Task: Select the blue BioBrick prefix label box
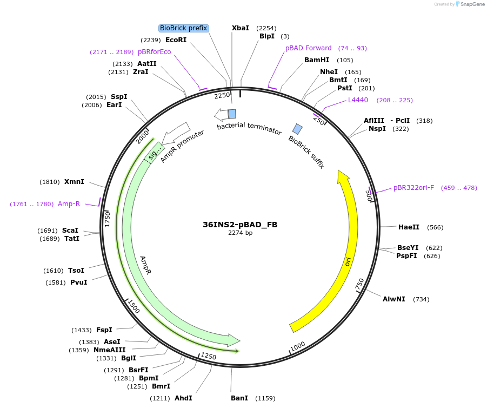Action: pyautogui.click(x=184, y=28)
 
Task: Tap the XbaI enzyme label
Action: pyautogui.click(x=241, y=28)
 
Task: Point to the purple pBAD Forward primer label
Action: pyautogui.click(x=309, y=48)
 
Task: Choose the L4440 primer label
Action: pyautogui.click(x=358, y=100)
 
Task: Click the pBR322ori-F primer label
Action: pyautogui.click(x=413, y=188)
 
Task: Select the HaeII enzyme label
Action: pyautogui.click(x=409, y=227)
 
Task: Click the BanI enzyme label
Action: pyautogui.click(x=239, y=398)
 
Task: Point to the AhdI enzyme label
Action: pyautogui.click(x=183, y=398)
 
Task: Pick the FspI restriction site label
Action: pyautogui.click(x=104, y=330)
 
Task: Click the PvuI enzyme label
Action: pyautogui.click(x=79, y=282)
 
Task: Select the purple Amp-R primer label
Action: pyautogui.click(x=69, y=204)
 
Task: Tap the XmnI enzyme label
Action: pyautogui.click(x=74, y=182)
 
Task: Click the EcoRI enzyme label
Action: pyautogui.click(x=176, y=40)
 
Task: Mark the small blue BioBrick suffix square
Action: pyautogui.click(x=297, y=129)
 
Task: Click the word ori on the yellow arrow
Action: pyautogui.click(x=349, y=261)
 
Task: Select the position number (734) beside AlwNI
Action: pyautogui.click(x=421, y=299)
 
